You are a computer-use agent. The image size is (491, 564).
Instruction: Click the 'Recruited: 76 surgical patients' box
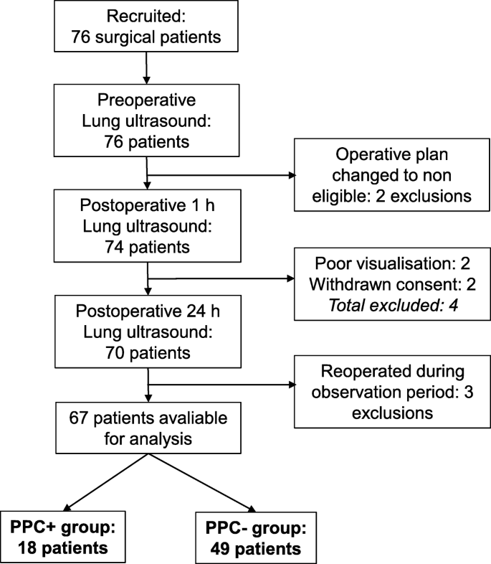point(146,27)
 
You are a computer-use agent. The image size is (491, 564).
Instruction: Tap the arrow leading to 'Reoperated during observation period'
point(222,387)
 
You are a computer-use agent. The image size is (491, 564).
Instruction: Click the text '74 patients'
point(146,247)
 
